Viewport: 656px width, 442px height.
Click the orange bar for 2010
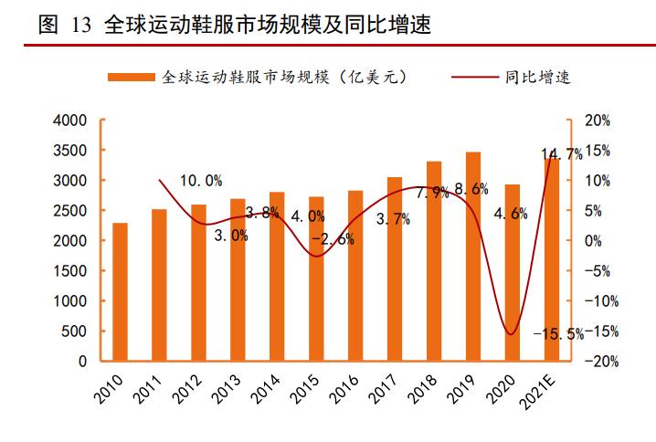pos(120,292)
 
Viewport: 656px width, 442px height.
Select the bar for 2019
pos(473,257)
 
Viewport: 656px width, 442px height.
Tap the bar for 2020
pos(513,273)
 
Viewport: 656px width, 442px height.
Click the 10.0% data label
pos(200,181)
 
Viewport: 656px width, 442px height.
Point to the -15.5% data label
pos(562,334)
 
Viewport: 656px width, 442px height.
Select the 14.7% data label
pos(561,154)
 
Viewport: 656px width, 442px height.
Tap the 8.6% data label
pos(471,189)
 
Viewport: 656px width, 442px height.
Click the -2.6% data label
pos(333,240)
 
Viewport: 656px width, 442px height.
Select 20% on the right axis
pos(597,120)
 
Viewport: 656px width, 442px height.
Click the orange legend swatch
pos(131,78)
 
